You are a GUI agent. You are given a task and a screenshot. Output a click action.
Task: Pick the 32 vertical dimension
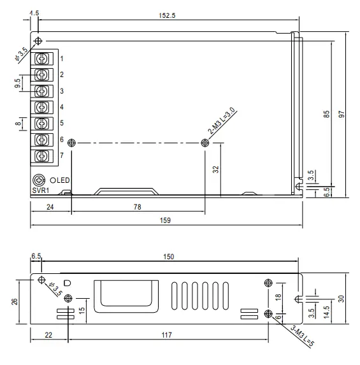215,169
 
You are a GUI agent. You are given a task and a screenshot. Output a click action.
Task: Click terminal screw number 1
42,59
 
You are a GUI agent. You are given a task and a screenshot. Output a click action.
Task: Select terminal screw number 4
42,107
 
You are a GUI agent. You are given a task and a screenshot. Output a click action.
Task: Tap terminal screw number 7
42,155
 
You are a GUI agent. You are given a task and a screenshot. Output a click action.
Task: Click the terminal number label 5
62,123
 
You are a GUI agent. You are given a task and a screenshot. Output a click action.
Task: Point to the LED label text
62,180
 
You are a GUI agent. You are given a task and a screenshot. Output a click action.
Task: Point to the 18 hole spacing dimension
278,298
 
